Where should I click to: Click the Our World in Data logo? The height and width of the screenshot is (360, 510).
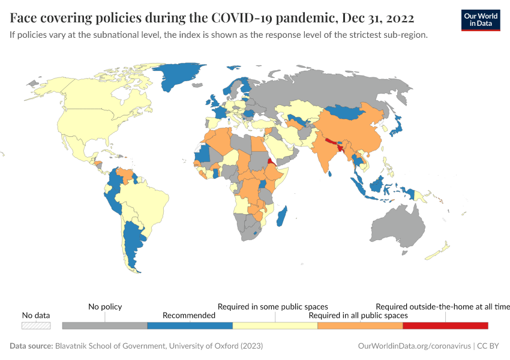(481, 19)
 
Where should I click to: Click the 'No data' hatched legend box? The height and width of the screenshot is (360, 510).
(36, 325)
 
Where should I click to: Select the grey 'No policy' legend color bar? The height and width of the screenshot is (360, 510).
(104, 325)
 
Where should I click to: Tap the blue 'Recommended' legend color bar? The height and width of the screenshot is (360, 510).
(190, 325)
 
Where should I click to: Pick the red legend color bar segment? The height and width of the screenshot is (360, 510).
(445, 325)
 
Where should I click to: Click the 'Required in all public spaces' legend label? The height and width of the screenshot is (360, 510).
(358, 315)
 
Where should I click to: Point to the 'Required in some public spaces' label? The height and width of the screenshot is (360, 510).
(272, 307)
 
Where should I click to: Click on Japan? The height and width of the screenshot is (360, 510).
(396, 125)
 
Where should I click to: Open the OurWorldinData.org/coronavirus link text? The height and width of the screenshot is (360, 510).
(413, 346)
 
